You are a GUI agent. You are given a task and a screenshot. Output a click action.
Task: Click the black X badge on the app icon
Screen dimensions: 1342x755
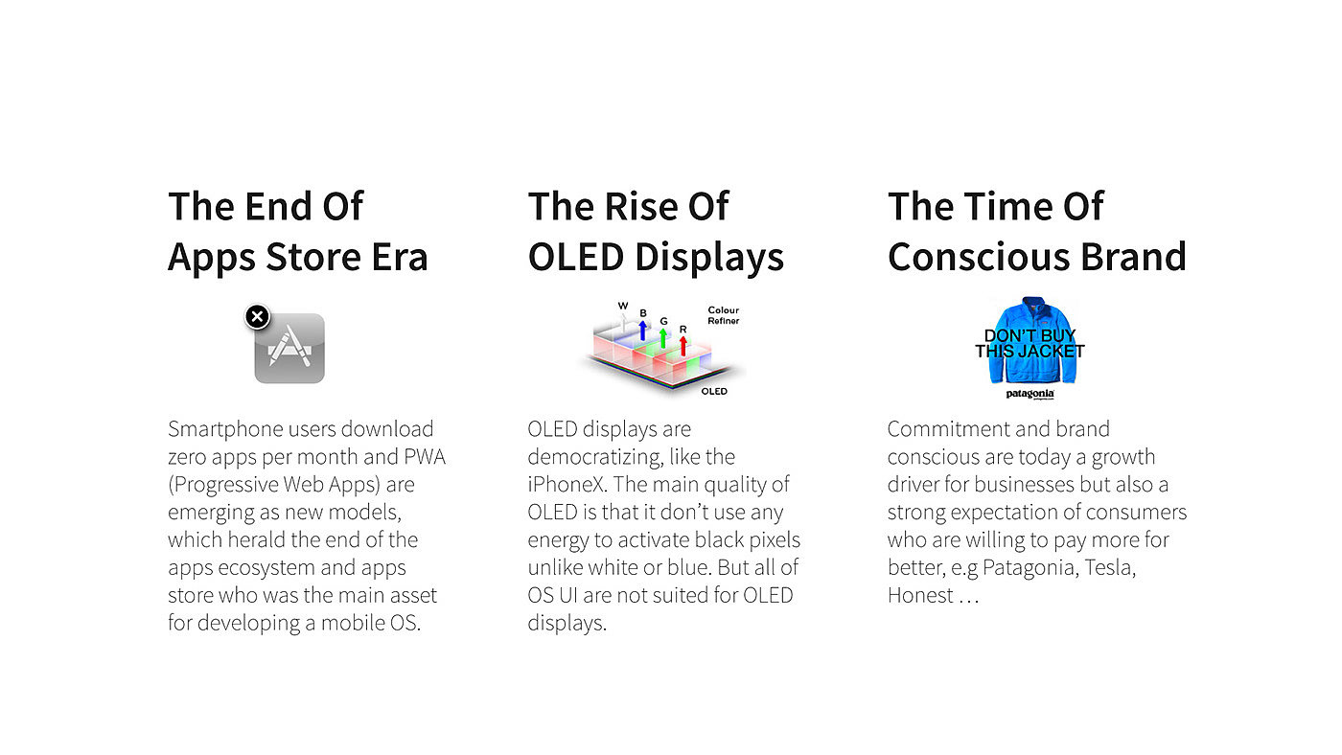click(x=258, y=317)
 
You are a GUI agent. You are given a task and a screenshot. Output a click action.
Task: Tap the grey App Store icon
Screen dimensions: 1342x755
click(x=289, y=348)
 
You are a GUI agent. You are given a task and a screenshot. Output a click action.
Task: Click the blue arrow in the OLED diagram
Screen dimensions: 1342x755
click(x=643, y=330)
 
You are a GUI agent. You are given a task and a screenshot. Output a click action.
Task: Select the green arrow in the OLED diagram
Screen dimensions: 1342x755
click(x=663, y=337)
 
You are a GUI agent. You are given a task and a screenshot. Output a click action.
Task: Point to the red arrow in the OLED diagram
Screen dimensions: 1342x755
click(x=683, y=346)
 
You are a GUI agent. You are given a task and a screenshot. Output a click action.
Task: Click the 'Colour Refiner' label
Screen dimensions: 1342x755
click(x=723, y=315)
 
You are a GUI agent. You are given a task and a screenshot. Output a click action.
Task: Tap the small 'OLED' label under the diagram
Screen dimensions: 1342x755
click(x=714, y=392)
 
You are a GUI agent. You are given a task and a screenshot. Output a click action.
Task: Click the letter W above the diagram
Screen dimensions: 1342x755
click(x=623, y=306)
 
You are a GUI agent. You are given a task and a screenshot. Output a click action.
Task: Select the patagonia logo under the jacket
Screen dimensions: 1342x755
click(x=1030, y=394)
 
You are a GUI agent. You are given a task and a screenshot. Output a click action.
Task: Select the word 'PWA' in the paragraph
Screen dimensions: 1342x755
click(x=425, y=457)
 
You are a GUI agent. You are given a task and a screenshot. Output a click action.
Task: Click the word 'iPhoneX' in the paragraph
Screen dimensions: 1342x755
click(x=567, y=485)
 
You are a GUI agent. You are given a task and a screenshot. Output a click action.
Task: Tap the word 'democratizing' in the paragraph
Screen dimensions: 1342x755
click(x=595, y=458)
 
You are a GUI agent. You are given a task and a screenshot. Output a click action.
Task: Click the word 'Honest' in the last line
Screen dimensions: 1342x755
click(x=920, y=596)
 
